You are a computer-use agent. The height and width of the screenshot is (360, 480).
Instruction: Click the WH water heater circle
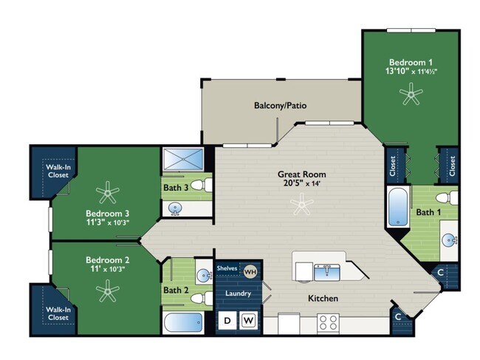point(250,271)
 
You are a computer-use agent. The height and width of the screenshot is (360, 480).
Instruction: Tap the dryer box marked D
point(227,321)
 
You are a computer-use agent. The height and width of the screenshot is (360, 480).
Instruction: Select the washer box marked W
point(248,321)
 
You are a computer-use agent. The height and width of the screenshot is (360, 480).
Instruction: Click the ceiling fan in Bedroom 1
point(411,93)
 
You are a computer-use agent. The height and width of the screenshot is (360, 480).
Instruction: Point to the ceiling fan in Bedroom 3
point(108,192)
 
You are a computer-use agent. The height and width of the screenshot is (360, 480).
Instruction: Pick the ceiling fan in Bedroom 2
point(108,291)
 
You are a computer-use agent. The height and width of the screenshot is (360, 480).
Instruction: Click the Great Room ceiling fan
point(302,204)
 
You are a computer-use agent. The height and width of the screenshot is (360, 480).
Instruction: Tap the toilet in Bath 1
point(447,197)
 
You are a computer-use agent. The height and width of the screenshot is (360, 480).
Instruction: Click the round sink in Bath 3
point(175,208)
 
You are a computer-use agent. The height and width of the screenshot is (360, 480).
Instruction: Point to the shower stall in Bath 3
point(183,159)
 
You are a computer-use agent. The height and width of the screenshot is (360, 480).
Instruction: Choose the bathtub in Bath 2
point(183,322)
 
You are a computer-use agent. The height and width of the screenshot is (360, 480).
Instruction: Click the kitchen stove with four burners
point(328,324)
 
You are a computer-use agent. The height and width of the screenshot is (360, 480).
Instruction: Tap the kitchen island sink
point(326,272)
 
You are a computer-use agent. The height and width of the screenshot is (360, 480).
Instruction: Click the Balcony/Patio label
point(280,106)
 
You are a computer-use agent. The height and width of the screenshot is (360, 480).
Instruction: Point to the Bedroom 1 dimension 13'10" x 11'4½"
point(411,72)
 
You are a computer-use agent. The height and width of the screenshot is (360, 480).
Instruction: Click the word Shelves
point(227,268)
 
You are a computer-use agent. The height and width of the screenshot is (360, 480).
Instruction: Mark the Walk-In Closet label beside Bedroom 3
point(58,171)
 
